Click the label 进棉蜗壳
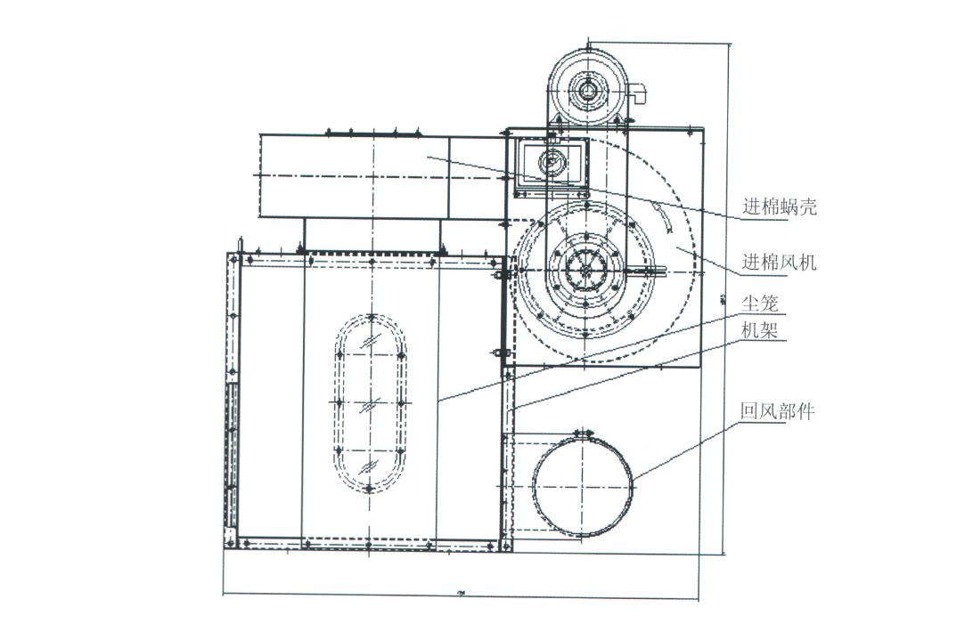tap(780, 208)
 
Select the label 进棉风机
tap(780, 263)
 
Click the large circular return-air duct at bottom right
tap(582, 485)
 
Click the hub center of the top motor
tap(587, 89)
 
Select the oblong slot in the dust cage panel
tap(370, 402)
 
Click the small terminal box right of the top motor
tap(637, 92)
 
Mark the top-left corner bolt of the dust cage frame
tap(233, 259)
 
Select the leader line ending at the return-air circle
tap(686, 450)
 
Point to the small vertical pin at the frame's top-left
tap(240, 243)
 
